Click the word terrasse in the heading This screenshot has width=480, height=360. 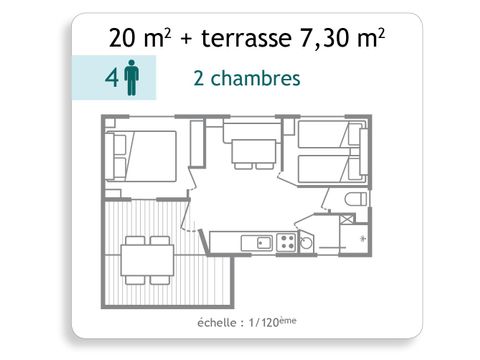point(247,41)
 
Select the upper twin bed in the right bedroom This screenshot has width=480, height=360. point(324,136)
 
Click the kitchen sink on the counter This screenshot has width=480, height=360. point(263,241)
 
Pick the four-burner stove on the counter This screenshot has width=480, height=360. point(286,241)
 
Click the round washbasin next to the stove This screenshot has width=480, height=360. point(307,241)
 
